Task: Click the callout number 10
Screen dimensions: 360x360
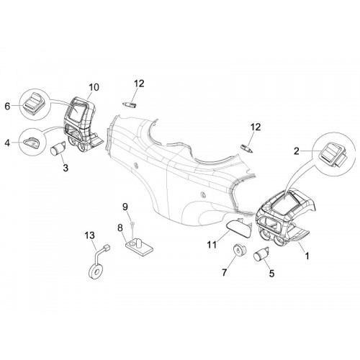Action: pos(94,87)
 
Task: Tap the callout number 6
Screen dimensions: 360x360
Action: pos(7,106)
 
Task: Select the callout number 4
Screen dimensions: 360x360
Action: pos(7,143)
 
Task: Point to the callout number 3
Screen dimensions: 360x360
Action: pos(66,168)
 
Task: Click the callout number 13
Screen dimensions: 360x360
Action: pos(89,235)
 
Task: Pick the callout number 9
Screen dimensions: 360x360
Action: pos(125,207)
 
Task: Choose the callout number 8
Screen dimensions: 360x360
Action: pos(120,228)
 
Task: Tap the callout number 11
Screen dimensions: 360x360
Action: pos(212,245)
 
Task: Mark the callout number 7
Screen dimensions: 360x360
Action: pos(224,273)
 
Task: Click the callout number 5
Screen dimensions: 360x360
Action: pos(271,274)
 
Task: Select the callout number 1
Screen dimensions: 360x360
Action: pos(307,256)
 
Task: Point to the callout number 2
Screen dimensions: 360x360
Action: pos(297,151)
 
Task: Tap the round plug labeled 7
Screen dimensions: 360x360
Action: pos(238,251)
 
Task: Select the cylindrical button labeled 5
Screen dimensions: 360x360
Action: pos(261,254)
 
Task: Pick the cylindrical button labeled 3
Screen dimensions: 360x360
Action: pos(58,148)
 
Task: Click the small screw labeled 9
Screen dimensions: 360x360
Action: pos(132,224)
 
